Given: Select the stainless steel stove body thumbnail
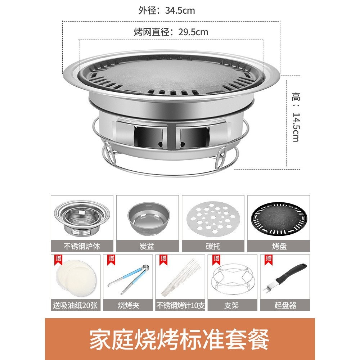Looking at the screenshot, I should coord(82,218).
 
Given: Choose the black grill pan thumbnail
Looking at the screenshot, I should coord(279,218).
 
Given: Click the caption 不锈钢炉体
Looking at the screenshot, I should coord(82,246).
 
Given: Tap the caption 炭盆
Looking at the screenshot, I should coord(148,246).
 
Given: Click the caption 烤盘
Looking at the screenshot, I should coord(279,246).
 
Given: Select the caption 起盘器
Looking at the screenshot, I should coord(285,305).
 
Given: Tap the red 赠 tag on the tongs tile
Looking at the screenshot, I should coord(111,258).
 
